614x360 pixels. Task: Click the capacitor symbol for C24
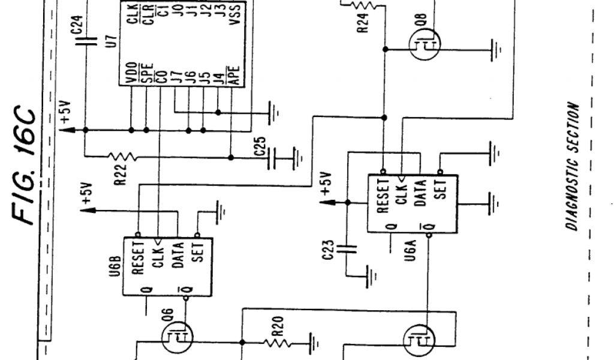pyautogui.click(x=85, y=42)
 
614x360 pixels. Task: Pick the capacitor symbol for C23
pyautogui.click(x=347, y=247)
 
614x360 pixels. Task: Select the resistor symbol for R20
pyautogui.click(x=278, y=343)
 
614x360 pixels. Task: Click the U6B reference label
pyautogui.click(x=116, y=265)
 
